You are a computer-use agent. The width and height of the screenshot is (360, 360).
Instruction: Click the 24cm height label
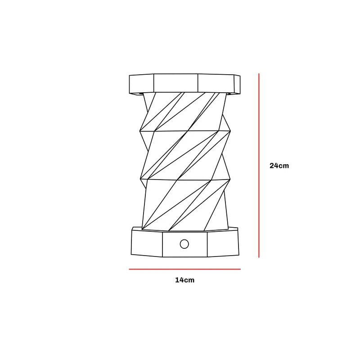tap(279, 166)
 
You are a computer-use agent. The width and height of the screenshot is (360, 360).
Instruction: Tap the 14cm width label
tap(184, 280)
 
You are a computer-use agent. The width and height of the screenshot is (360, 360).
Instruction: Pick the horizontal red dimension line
tap(184, 269)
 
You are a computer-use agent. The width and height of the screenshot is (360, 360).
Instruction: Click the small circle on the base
tap(184, 244)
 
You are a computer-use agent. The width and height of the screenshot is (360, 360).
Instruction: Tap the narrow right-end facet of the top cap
tap(238, 84)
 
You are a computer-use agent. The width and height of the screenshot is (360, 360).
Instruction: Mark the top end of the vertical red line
tap(259, 74)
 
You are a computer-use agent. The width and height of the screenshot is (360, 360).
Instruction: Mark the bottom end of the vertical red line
tap(259, 257)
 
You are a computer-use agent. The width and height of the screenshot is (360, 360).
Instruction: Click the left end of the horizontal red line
tap(130, 269)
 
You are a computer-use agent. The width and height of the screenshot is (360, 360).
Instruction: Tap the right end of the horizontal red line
tap(240, 269)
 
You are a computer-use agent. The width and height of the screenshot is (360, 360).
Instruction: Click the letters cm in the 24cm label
tap(283, 166)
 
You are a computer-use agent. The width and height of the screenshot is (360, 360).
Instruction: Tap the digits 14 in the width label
tap(180, 280)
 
